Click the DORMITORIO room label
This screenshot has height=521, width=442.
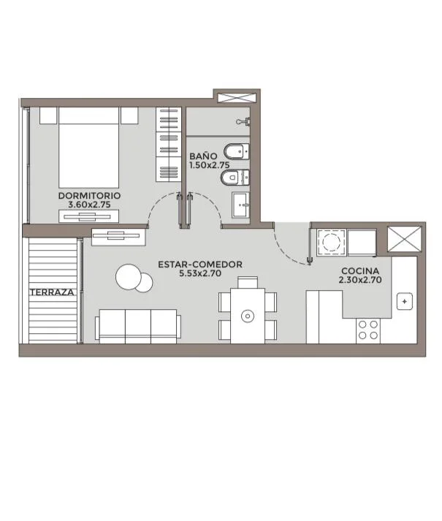(89, 196)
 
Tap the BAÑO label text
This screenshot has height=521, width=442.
(203, 156)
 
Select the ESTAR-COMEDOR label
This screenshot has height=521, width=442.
(200, 265)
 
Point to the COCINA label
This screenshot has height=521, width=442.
(360, 271)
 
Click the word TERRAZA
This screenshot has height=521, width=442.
(52, 292)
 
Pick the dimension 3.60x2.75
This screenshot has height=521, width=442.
(89, 205)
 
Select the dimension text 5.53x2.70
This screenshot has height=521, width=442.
(200, 273)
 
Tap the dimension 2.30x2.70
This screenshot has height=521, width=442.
(360, 280)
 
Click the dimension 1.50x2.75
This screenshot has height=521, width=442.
(210, 165)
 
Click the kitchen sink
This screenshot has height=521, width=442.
(405, 302)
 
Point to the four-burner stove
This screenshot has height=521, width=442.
(368, 330)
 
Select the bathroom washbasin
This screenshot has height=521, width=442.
(240, 205)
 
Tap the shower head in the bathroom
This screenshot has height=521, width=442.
(243, 121)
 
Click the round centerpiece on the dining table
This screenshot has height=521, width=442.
(248, 316)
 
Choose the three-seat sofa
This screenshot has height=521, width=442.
(138, 327)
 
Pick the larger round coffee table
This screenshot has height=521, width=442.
(128, 276)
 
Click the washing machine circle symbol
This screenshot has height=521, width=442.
(331, 242)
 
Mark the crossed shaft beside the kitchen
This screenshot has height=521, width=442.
(405, 239)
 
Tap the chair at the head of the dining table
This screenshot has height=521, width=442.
(248, 282)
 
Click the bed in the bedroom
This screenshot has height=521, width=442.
(88, 147)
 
